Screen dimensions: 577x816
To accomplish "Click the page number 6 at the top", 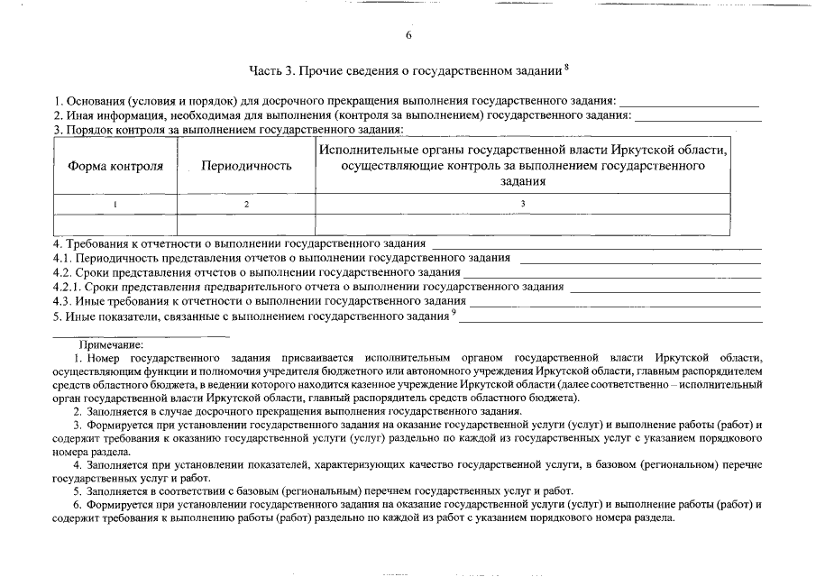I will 408,35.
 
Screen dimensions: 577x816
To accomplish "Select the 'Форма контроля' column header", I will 115,166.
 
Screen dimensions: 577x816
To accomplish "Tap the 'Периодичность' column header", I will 246,166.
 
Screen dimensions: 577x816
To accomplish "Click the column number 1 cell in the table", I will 115,204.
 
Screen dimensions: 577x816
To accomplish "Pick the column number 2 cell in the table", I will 246,204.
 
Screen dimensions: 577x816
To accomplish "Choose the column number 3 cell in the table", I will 522,204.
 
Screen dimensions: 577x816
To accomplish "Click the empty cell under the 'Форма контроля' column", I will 115,224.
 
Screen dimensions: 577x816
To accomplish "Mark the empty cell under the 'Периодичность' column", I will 246,224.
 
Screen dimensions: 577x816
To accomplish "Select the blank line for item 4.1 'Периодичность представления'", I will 640,261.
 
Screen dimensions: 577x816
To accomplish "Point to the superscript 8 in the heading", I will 566,67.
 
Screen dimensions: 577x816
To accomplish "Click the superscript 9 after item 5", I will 454,313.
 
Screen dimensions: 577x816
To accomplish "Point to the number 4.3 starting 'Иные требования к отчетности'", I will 62,302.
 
